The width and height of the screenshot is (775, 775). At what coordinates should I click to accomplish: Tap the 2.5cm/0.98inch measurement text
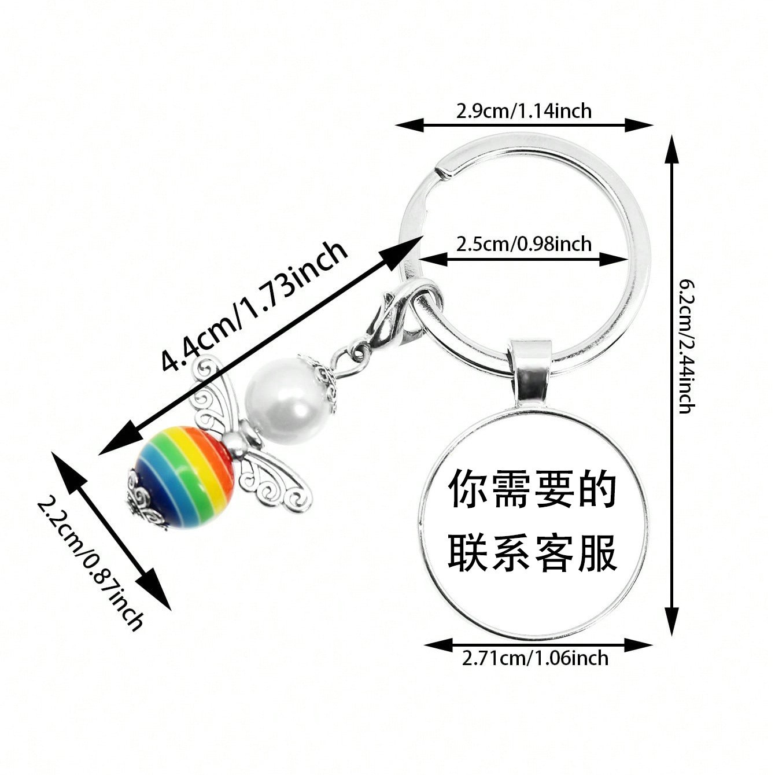click(x=523, y=244)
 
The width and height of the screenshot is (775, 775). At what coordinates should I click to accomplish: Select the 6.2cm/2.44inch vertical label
click(x=687, y=346)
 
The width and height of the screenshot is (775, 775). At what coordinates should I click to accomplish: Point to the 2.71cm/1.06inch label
click(x=535, y=658)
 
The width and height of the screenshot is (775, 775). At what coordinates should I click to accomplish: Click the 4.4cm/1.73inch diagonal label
click(x=254, y=307)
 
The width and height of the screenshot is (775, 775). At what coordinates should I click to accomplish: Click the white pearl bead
click(x=283, y=399)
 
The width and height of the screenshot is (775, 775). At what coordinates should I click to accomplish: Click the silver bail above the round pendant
click(x=530, y=370)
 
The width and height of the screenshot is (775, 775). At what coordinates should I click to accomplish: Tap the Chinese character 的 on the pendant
click(x=597, y=489)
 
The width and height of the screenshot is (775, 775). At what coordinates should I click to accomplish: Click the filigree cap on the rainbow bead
click(x=142, y=500)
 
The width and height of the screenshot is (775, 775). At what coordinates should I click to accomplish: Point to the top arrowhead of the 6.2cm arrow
click(x=671, y=150)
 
